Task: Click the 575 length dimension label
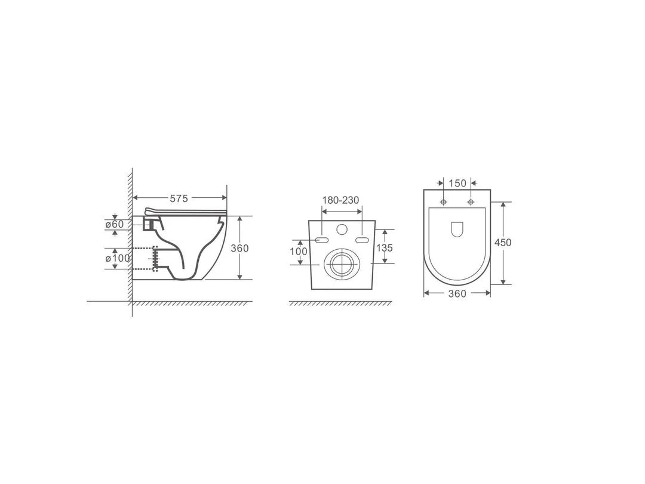179,200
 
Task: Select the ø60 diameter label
114,224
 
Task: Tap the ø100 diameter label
117,258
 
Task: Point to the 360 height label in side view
239,248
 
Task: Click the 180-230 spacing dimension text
341,200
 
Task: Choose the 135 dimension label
384,248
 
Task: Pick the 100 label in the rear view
299,252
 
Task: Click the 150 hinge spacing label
457,183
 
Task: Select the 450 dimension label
503,242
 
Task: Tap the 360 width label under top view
457,293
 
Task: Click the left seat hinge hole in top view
443,203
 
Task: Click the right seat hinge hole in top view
471,203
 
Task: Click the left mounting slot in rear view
321,240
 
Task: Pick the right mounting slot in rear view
361,240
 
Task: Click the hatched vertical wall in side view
128,239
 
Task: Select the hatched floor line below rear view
340,304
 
